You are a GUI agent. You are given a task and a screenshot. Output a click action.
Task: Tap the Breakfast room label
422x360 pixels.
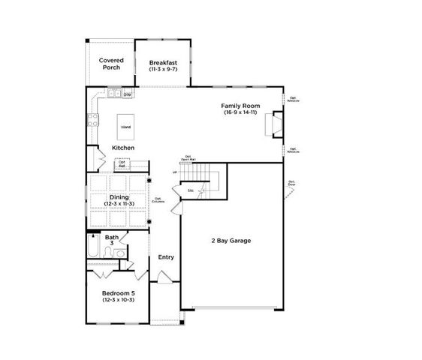pos(162,62)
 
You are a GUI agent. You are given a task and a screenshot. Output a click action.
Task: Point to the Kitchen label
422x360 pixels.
pos(123,148)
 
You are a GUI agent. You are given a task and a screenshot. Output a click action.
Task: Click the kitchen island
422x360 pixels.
pos(125,126)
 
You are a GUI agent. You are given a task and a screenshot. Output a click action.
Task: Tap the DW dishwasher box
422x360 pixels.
pos(128,94)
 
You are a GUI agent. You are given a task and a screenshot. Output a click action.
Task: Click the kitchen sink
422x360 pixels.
pos(114,94)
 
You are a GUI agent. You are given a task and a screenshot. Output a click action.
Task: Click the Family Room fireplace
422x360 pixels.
pos(276,124)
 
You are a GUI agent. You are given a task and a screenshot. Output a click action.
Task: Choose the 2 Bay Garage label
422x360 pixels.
pos(230,241)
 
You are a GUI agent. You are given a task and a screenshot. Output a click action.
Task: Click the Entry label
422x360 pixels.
pos(166,257)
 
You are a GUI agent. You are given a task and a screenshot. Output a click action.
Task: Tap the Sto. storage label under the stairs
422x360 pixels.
pos(191,191)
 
